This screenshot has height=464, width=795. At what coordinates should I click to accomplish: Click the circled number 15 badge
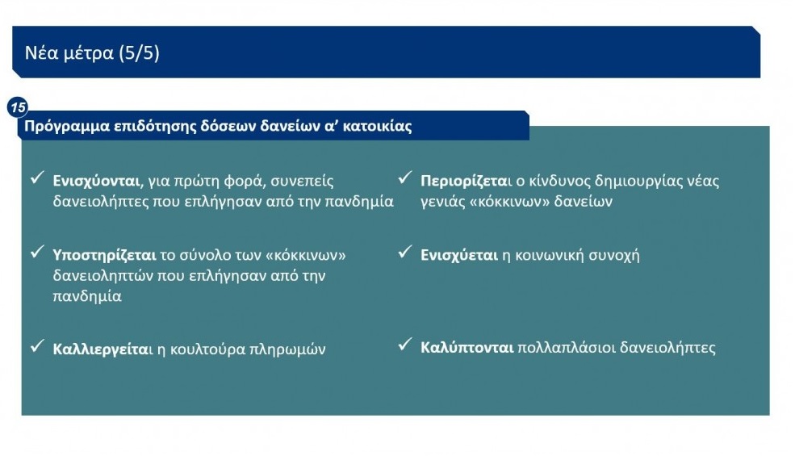pyautogui.click(x=18, y=107)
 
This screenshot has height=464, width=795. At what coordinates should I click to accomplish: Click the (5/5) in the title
pyautogui.click(x=139, y=52)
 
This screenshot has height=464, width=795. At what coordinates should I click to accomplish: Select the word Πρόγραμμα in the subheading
pyautogui.click(x=67, y=126)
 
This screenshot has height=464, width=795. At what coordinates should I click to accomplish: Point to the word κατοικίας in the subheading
pyautogui.click(x=377, y=126)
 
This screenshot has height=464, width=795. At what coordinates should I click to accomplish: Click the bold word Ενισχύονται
pyautogui.click(x=96, y=181)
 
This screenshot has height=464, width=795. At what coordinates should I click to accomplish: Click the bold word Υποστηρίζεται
pyautogui.click(x=104, y=255)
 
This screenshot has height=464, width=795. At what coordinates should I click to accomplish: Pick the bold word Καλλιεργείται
pyautogui.click(x=102, y=349)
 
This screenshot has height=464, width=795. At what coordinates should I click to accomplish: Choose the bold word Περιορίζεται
pyautogui.click(x=463, y=181)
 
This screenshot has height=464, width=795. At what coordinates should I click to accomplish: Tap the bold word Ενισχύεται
pyautogui.click(x=459, y=255)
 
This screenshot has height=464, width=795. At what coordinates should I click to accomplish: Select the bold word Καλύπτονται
pyautogui.click(x=467, y=348)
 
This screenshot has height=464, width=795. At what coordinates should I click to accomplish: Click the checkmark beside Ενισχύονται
pyautogui.click(x=37, y=178)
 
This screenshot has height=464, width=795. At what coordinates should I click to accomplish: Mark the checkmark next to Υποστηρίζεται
pyautogui.click(x=37, y=252)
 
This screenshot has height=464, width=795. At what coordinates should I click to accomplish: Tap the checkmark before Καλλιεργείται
pyautogui.click(x=37, y=346)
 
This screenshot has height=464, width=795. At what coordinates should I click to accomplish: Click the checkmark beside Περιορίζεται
pyautogui.click(x=404, y=178)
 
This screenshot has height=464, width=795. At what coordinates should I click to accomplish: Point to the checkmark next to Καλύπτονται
pyautogui.click(x=404, y=345)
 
